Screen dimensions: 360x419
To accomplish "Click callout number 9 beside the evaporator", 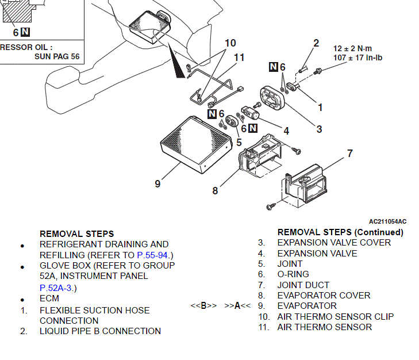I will [x=157, y=184].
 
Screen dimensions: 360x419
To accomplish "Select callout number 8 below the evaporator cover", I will [x=215, y=190].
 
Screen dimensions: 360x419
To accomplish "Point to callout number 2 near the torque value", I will [x=316, y=43].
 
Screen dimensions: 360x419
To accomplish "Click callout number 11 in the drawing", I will [x=239, y=58].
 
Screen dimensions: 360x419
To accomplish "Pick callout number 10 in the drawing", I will [x=230, y=43].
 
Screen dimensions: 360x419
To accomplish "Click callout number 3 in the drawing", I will [x=319, y=129].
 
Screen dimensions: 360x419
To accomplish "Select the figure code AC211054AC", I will [x=387, y=221].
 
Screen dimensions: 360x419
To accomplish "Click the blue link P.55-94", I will [x=155, y=255].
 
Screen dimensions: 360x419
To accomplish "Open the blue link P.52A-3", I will [x=57, y=288].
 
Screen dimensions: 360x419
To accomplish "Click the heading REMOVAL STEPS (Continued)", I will [x=340, y=232].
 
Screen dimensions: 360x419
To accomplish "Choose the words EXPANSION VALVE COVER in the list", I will [x=334, y=243].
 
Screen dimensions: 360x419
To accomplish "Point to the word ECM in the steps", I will [x=49, y=299].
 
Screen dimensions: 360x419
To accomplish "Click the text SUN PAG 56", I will [x=57, y=56].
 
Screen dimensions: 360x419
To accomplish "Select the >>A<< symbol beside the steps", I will [x=237, y=306].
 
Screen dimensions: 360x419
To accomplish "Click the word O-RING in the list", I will [x=293, y=274].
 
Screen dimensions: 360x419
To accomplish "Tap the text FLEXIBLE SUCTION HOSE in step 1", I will [x=94, y=311].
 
